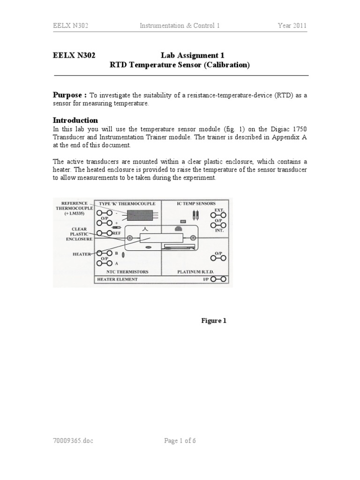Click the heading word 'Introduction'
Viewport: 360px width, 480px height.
[x=75, y=120]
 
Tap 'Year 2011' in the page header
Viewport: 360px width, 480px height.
[x=292, y=26]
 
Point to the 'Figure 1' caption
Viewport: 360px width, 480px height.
[x=214, y=321]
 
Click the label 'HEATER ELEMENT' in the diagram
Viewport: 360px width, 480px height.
[x=117, y=279]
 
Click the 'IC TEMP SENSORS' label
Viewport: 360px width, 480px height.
[x=196, y=203]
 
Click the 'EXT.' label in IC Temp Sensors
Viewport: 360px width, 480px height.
[x=219, y=211]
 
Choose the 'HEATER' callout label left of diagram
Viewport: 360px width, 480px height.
[x=82, y=254]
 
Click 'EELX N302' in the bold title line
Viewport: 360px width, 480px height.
[x=74, y=55]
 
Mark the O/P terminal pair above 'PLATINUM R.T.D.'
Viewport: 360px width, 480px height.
[x=218, y=258]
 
